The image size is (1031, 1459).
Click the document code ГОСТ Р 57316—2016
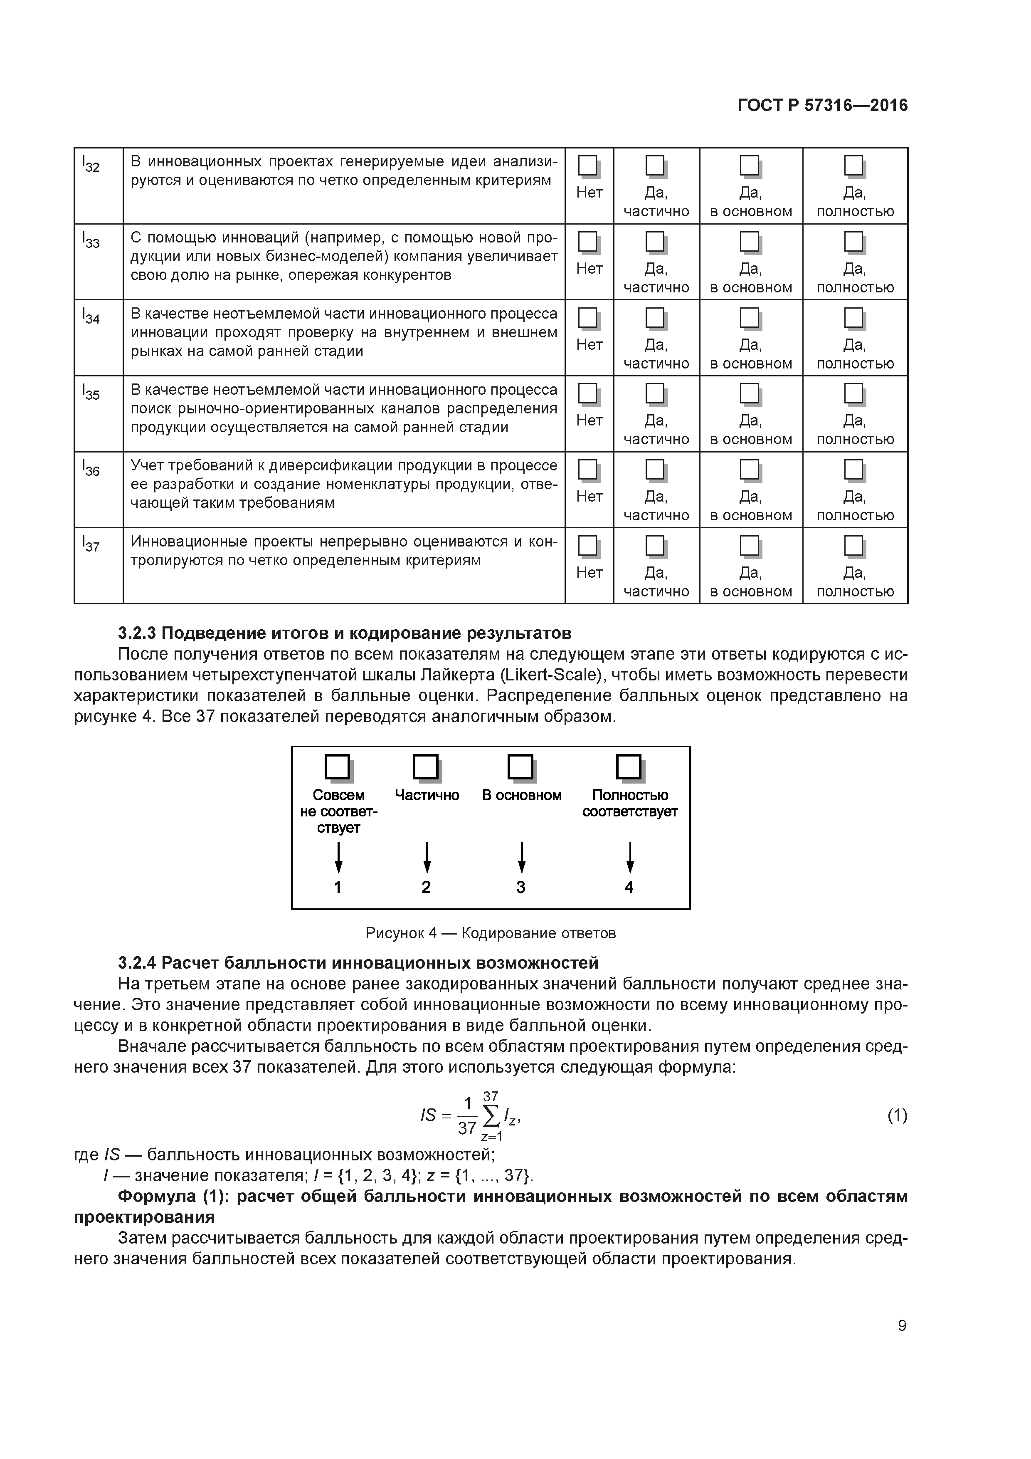823,106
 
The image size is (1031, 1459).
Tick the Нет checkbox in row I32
587,166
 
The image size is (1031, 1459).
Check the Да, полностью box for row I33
853,242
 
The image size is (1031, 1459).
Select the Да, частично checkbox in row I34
654,318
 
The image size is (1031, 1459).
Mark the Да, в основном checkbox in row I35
750,394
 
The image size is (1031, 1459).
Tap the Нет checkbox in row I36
587,470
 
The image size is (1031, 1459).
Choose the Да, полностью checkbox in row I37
853,546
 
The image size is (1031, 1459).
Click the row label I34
91,316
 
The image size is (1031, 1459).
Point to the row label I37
91,544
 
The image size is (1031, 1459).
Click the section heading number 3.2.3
137,633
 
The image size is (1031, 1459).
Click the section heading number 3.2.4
137,963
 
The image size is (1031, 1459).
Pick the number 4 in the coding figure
629,887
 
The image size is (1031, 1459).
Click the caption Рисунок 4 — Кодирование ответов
491,933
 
